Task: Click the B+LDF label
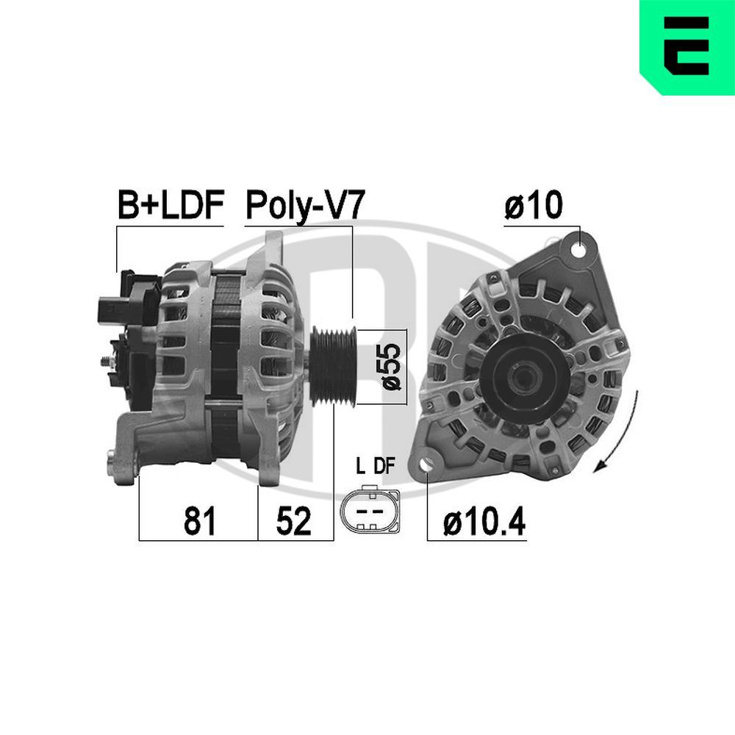[x=170, y=207]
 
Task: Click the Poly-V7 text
[x=304, y=207]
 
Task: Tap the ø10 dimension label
[x=533, y=207]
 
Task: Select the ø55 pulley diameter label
[x=392, y=366]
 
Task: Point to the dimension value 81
[x=198, y=521]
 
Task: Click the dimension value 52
[x=294, y=521]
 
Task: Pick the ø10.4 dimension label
[x=485, y=523]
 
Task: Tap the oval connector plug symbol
[x=370, y=509]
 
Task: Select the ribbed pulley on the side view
[x=333, y=365]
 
